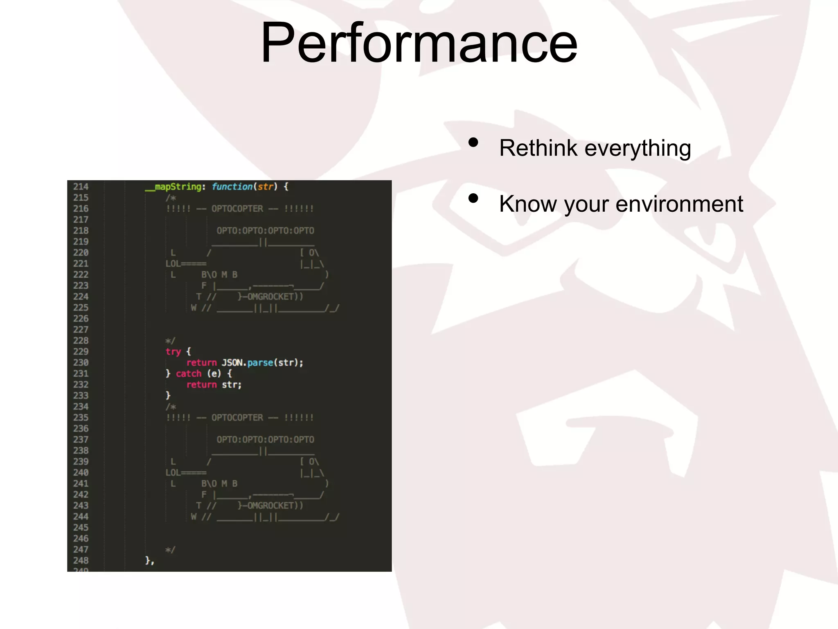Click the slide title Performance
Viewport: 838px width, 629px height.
419,43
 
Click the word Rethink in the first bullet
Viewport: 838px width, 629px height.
538,148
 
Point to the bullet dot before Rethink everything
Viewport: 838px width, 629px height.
473,143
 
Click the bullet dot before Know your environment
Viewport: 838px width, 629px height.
473,199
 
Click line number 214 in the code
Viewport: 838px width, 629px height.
81,187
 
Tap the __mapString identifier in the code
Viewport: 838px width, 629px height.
173,187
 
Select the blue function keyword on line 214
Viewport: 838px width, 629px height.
232,187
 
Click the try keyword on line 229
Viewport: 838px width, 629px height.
173,351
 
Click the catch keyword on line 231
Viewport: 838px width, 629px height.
189,373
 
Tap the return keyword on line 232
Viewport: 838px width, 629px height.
201,385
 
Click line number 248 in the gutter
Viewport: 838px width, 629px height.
81,561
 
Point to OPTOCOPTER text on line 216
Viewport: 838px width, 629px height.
237,209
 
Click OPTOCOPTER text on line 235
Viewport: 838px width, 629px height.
237,418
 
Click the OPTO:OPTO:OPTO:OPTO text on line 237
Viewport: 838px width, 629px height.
265,440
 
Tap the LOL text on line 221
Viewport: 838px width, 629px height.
173,264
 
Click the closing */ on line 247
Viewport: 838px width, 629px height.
170,550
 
